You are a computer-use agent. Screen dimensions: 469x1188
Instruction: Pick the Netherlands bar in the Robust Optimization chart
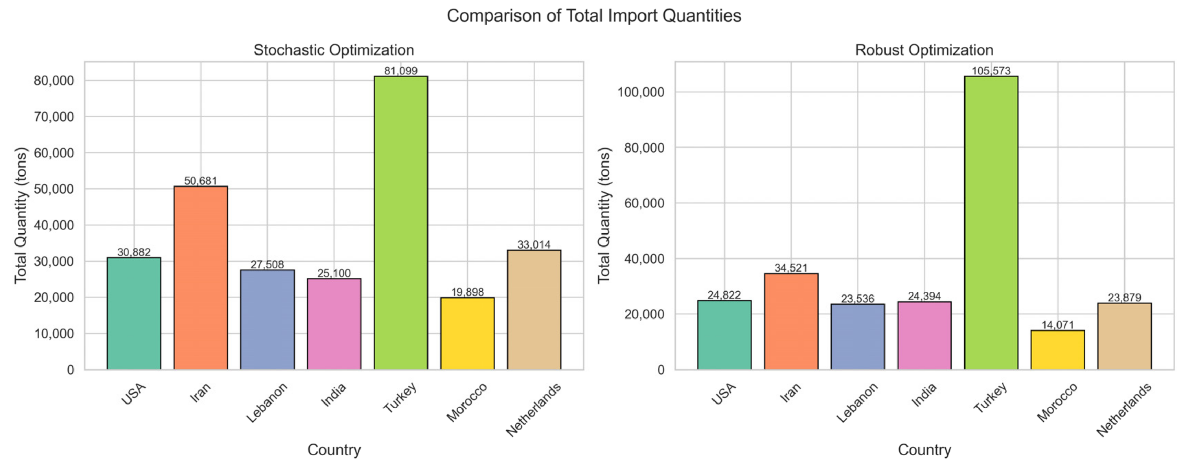click(1124, 336)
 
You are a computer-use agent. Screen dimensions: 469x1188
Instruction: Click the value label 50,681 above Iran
click(200, 181)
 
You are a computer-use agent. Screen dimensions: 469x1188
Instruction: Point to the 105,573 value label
click(991, 71)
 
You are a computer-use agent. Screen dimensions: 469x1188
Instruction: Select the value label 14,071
click(1057, 325)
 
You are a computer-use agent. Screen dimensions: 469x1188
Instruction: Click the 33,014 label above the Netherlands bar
click(534, 245)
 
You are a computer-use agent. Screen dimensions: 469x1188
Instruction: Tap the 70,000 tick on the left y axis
click(54, 117)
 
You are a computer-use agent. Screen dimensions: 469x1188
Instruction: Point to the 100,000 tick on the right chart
click(641, 92)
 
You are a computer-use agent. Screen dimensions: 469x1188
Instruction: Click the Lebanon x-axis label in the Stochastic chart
click(266, 402)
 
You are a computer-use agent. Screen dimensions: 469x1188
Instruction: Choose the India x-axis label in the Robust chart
click(924, 395)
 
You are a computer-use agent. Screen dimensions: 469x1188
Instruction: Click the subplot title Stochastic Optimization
click(333, 50)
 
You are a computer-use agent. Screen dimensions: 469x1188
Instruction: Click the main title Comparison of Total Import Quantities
click(594, 16)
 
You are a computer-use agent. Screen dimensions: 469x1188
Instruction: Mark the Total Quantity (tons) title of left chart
click(21, 215)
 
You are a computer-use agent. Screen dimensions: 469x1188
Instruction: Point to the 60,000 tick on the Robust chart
click(644, 203)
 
